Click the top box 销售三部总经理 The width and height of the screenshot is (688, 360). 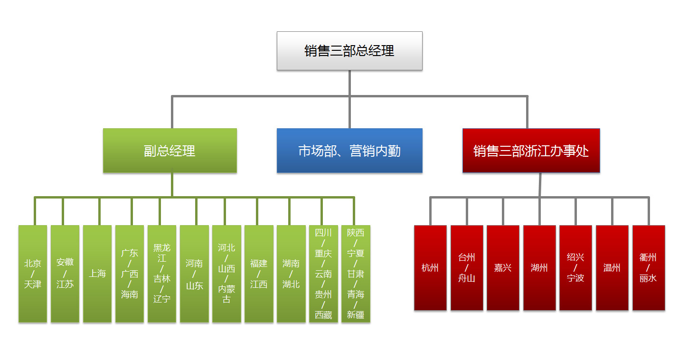coord(349,51)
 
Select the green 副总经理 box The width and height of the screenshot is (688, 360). coord(170,151)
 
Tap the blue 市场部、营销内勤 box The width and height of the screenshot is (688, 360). coord(349,151)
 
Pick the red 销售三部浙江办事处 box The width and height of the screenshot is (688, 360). coord(531,151)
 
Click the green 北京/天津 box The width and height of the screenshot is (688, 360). coord(33,274)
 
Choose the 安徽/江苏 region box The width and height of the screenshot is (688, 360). coord(65,274)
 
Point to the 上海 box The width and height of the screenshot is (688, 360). coord(97,274)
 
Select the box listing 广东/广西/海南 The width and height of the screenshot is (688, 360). coord(129,274)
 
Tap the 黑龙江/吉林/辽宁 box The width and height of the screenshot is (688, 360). coord(162,274)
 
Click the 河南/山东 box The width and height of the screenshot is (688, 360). coord(194,274)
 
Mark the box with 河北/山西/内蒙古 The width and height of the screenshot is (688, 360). coord(226,274)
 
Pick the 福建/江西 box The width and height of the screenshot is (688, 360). coord(259,274)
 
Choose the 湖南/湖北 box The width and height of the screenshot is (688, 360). coord(291,274)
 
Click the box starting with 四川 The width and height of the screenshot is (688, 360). coord(323,274)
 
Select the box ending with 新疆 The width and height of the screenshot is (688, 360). coord(356,274)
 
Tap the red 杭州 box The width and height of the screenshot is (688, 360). coord(430,268)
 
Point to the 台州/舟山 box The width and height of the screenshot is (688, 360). coord(467,268)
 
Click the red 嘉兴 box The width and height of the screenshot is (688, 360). coord(503,268)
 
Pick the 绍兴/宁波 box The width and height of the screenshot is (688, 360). coord(575,268)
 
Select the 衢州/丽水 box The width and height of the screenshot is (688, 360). coord(649,268)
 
